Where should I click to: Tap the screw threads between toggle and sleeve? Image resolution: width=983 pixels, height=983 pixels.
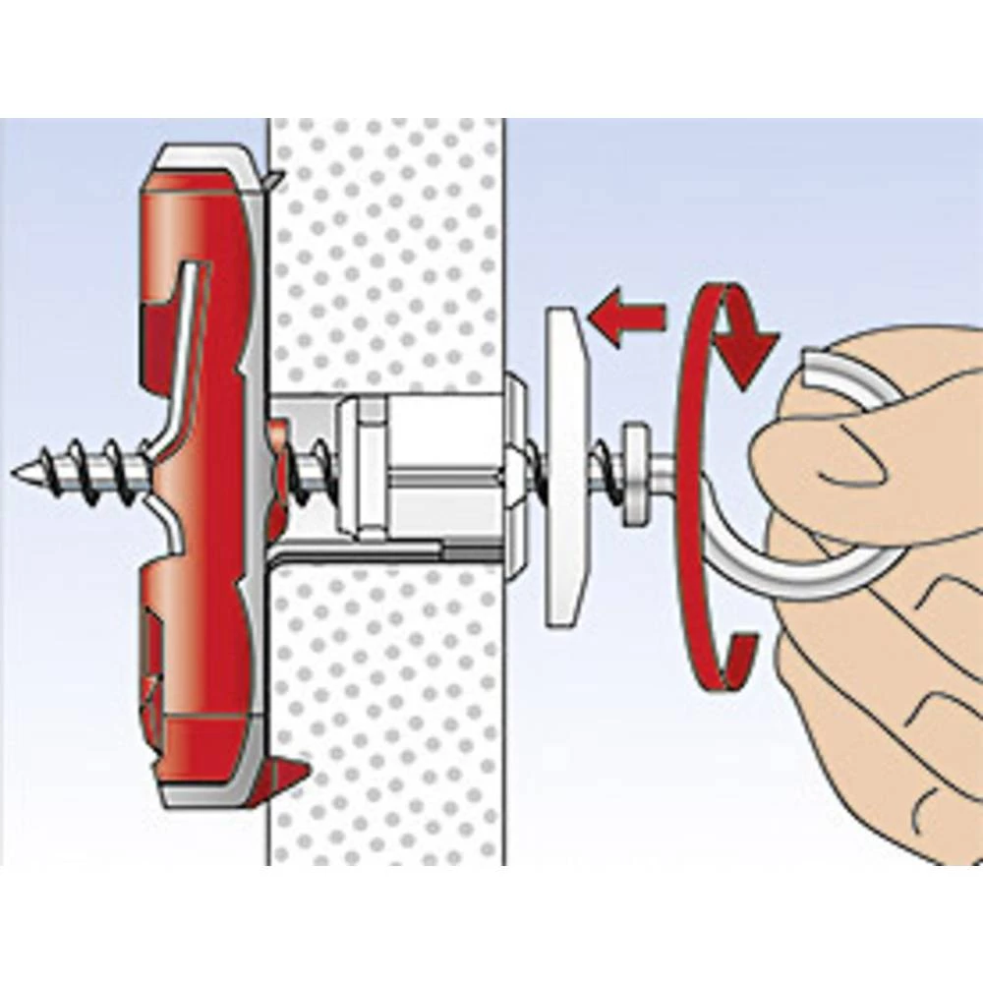pos(315,462)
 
